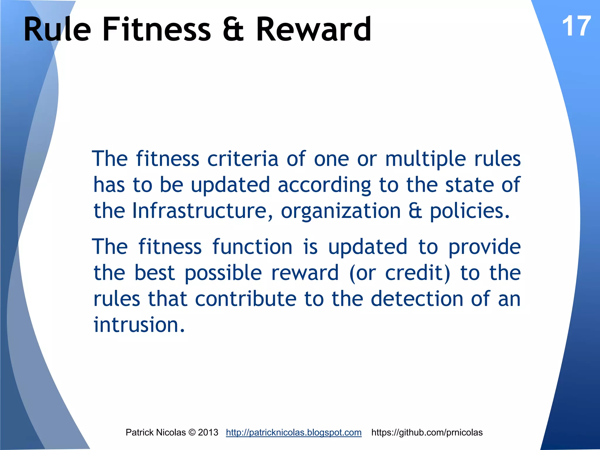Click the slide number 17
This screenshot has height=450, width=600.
click(x=576, y=26)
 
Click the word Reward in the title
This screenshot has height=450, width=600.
click(x=313, y=29)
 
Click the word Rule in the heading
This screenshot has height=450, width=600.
click(x=57, y=29)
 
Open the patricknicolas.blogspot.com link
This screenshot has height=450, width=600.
click(x=294, y=432)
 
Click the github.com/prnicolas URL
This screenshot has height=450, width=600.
click(x=427, y=432)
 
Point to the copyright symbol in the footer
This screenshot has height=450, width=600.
click(x=192, y=432)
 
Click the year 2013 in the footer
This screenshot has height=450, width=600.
click(x=208, y=432)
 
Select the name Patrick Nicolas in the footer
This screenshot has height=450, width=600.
click(x=156, y=432)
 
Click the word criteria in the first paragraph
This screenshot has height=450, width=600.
click(x=243, y=159)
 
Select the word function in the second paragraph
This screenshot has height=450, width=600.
click(x=252, y=247)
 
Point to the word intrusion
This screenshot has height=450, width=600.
click(x=139, y=325)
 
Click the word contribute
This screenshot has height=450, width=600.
click(x=246, y=299)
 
